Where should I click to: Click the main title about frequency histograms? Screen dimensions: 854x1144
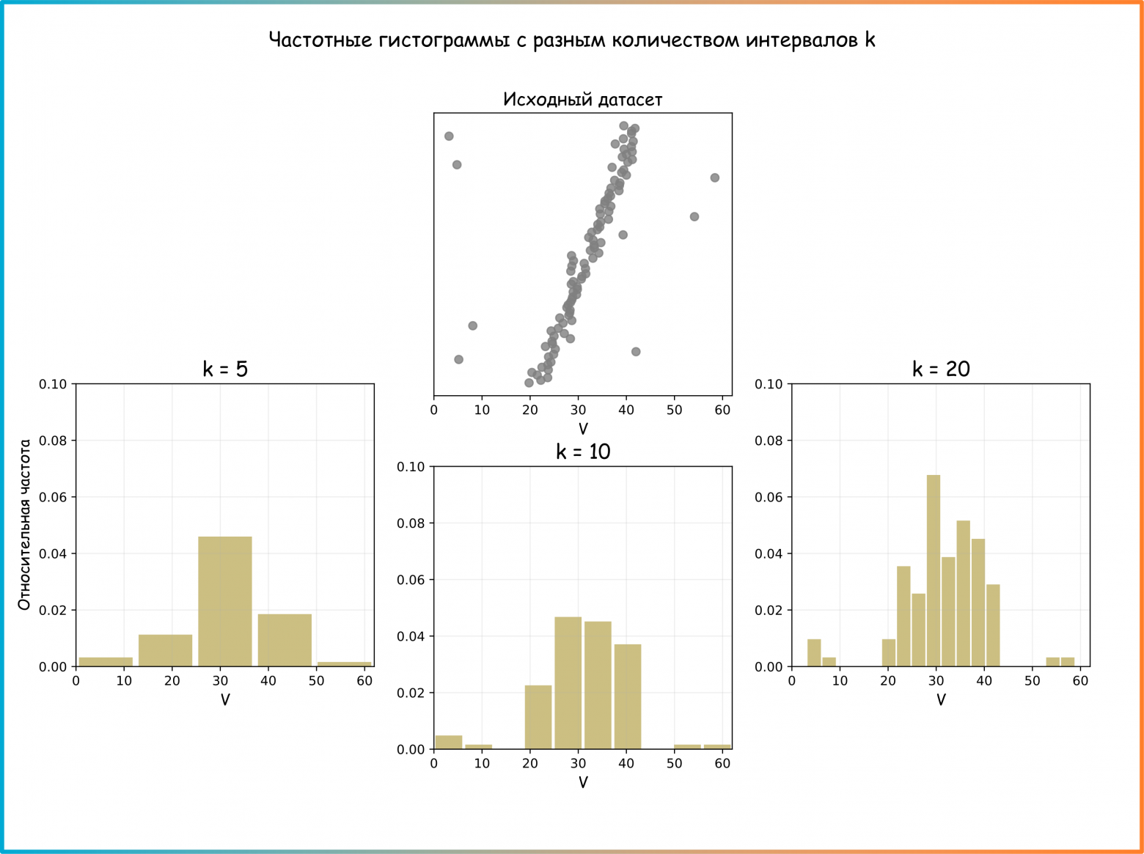[572, 40]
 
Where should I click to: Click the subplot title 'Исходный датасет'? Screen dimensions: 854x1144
[582, 100]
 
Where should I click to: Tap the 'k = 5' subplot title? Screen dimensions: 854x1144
[225, 369]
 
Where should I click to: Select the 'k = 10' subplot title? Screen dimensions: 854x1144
[583, 452]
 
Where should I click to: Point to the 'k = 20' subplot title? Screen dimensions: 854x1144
[941, 369]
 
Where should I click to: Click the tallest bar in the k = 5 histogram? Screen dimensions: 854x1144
[225, 601]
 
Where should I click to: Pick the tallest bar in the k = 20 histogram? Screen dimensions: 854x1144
[934, 570]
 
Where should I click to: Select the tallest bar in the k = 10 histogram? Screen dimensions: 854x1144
[568, 682]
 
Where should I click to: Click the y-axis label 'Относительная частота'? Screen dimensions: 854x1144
[25, 525]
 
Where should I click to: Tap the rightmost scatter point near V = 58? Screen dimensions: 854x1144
[715, 177]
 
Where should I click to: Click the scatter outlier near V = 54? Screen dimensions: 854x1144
[694, 216]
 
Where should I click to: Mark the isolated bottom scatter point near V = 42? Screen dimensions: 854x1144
[636, 352]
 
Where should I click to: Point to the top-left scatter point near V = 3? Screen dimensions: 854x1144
[449, 136]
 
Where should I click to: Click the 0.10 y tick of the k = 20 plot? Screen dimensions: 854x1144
[769, 384]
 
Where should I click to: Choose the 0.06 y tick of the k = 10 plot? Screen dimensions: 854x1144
[411, 580]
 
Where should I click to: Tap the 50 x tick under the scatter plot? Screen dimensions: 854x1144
[675, 410]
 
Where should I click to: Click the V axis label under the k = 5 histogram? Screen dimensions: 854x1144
[225, 700]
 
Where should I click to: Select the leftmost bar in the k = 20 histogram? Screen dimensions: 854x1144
[814, 652]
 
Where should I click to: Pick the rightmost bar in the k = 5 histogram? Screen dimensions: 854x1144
[345, 663]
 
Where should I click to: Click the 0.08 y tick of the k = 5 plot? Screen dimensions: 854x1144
[53, 441]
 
